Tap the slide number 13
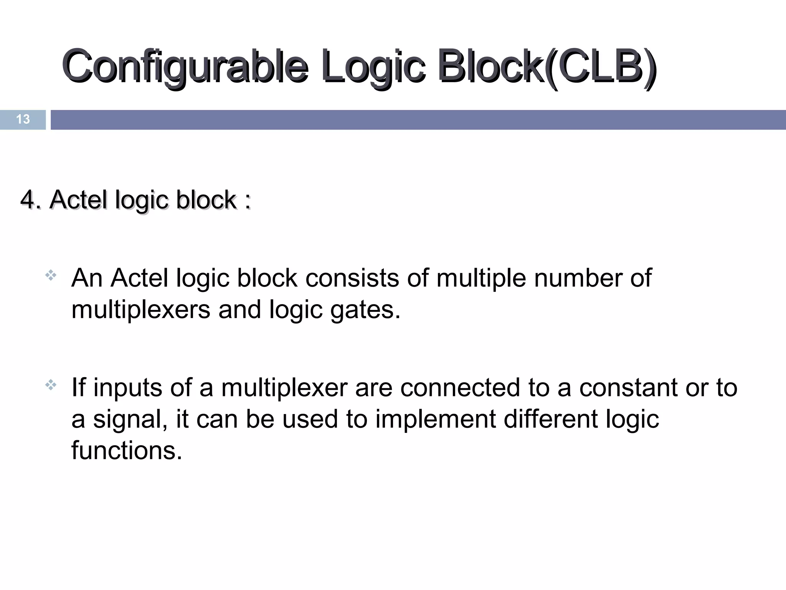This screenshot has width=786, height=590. pos(23,119)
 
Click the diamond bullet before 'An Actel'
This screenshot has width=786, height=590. pos(51,275)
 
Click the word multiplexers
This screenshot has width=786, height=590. pos(141,310)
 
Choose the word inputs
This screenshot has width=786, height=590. pos(127,388)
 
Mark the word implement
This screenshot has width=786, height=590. pos(435,419)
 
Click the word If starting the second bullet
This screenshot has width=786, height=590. pos(78,387)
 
